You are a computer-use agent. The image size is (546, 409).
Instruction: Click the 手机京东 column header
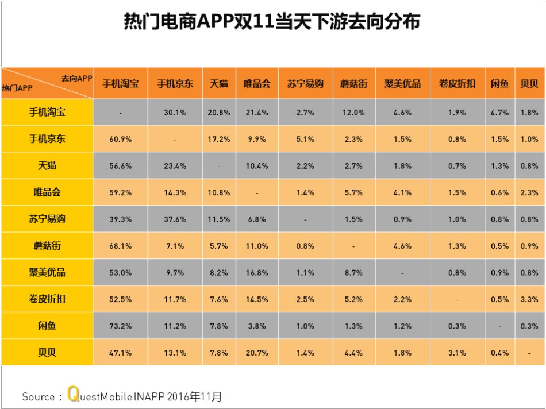coord(175,84)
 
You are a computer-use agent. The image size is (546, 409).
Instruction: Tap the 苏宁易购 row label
coord(47,219)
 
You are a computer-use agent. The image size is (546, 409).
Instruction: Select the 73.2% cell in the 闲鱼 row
coord(121,326)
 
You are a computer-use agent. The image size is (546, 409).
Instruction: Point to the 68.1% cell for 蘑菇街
coord(121,246)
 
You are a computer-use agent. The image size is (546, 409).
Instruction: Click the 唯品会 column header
coord(256,84)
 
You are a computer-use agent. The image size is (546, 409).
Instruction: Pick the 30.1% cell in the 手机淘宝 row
coord(175,113)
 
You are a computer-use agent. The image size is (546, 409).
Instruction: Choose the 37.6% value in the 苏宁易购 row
coord(175,219)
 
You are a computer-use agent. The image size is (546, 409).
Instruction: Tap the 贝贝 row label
coord(47,352)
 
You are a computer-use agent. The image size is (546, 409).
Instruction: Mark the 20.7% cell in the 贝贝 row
coord(256,353)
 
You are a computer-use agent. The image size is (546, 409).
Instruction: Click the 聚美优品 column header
coord(402,84)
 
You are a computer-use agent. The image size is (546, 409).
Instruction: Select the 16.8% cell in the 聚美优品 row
coord(256,273)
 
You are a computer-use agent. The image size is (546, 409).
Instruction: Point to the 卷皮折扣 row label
coord(47,299)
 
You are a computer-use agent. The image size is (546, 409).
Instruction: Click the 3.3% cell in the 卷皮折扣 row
coord(529,299)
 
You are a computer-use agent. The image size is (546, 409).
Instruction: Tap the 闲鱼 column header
coord(499,84)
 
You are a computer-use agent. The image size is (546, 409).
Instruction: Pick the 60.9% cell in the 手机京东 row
coord(121,139)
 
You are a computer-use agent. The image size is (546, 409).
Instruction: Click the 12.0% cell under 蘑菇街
coord(353,113)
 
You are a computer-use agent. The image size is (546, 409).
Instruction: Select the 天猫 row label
coord(47,165)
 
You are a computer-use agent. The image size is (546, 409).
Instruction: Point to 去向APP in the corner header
coord(76,78)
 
